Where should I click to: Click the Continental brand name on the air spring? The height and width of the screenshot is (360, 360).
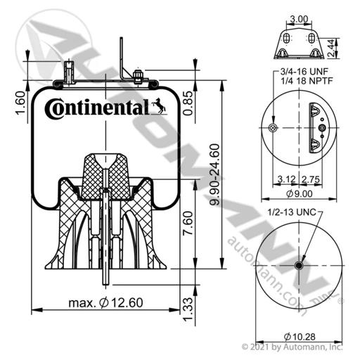(97, 108)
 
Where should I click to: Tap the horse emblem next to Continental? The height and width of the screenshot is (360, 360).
(160, 106)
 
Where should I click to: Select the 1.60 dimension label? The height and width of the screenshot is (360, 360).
(20, 103)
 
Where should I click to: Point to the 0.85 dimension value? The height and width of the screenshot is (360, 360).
(188, 103)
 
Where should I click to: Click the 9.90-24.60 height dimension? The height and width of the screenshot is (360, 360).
(214, 174)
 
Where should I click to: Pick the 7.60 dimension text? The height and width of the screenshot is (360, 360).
(188, 223)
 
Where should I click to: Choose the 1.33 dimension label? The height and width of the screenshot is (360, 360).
(188, 309)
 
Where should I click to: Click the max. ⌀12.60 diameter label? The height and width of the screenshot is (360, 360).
(105, 302)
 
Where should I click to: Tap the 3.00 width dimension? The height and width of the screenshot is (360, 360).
(299, 19)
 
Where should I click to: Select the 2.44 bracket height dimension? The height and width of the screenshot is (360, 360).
(331, 48)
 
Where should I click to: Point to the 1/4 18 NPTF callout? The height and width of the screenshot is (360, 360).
(307, 81)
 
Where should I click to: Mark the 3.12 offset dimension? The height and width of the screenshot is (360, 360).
(287, 179)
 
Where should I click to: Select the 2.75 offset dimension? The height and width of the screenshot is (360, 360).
(311, 179)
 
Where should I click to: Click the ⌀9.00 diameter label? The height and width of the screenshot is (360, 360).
(300, 193)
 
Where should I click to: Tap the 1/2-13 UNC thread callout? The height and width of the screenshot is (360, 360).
(292, 212)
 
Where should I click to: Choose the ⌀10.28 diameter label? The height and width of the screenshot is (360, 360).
(300, 337)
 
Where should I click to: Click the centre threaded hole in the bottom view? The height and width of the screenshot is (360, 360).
(299, 266)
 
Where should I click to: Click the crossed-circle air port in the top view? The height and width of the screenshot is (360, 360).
(273, 128)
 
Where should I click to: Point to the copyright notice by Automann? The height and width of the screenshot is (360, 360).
(292, 347)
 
